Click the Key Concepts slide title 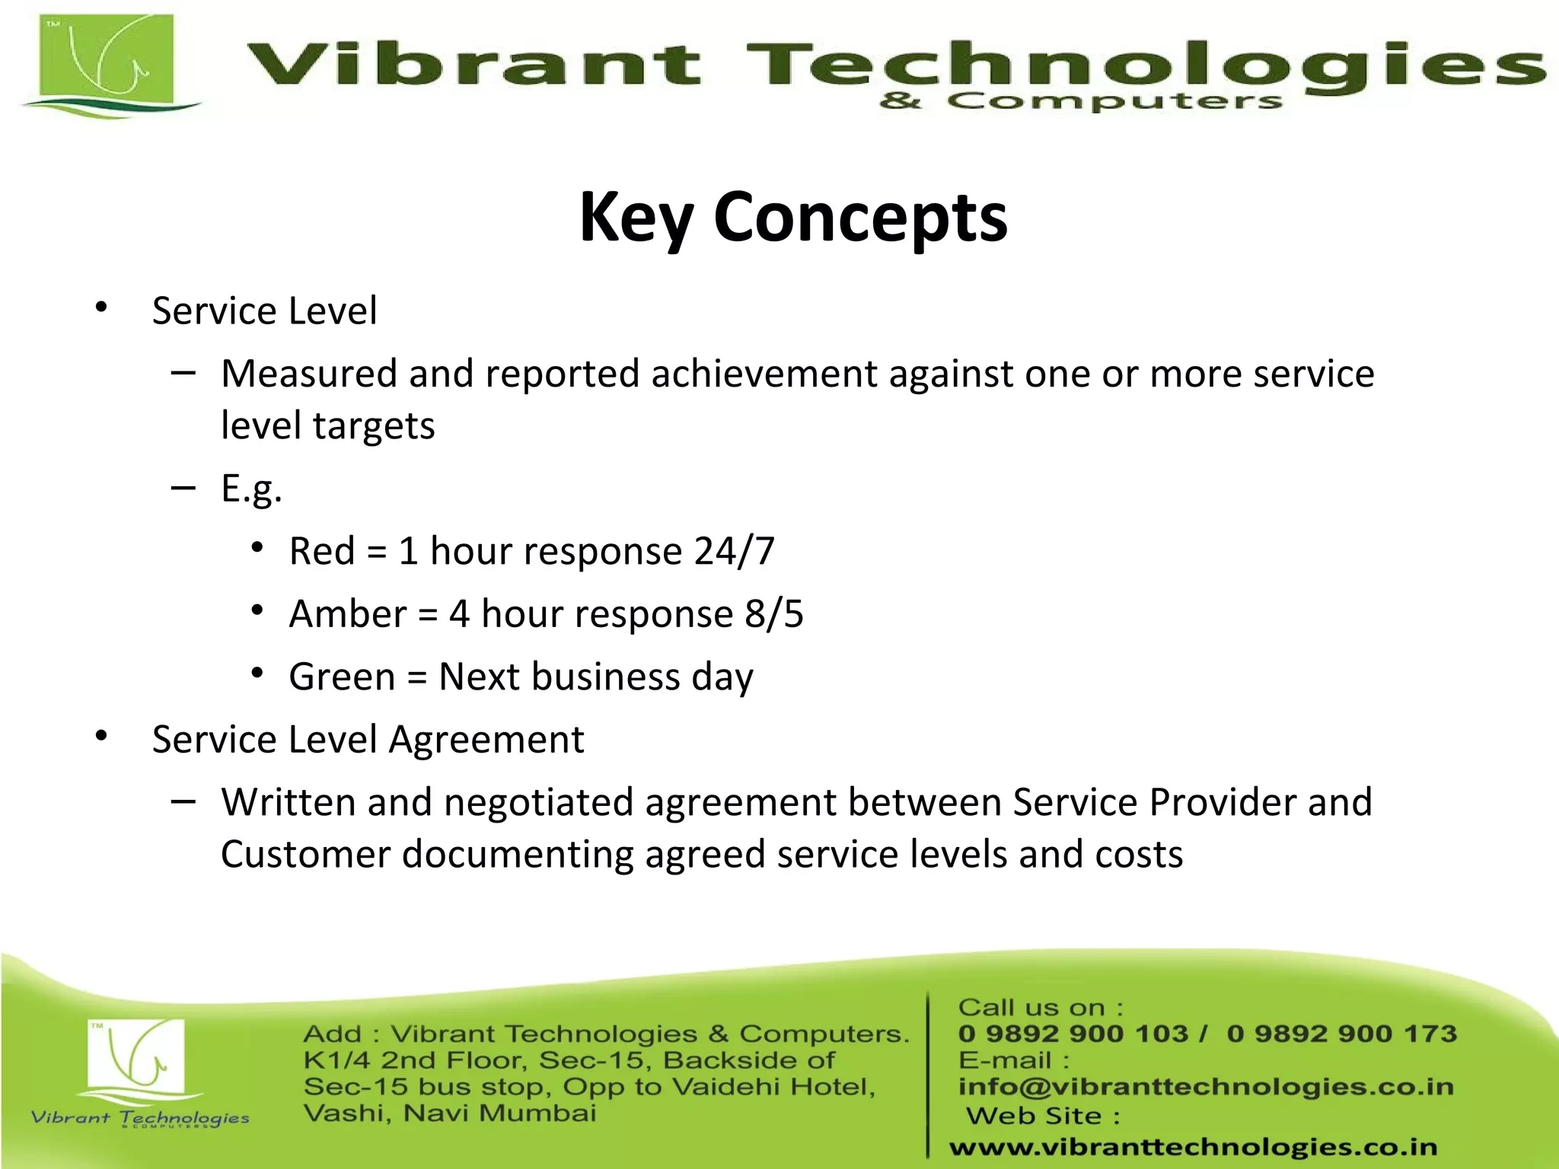point(793,218)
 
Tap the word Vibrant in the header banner point(473,64)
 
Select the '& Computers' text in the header point(1081,100)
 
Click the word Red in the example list point(322,551)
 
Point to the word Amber point(348,614)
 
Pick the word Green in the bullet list point(342,677)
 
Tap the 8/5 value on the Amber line point(773,614)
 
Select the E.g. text point(251,489)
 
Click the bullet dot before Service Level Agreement point(101,737)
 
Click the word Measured point(309,374)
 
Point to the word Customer point(305,855)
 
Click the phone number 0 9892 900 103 point(1073,1034)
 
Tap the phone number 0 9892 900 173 point(1341,1034)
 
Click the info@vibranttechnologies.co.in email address point(1206,1087)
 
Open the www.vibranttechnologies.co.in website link point(1193,1147)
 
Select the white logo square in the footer point(137,1055)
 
